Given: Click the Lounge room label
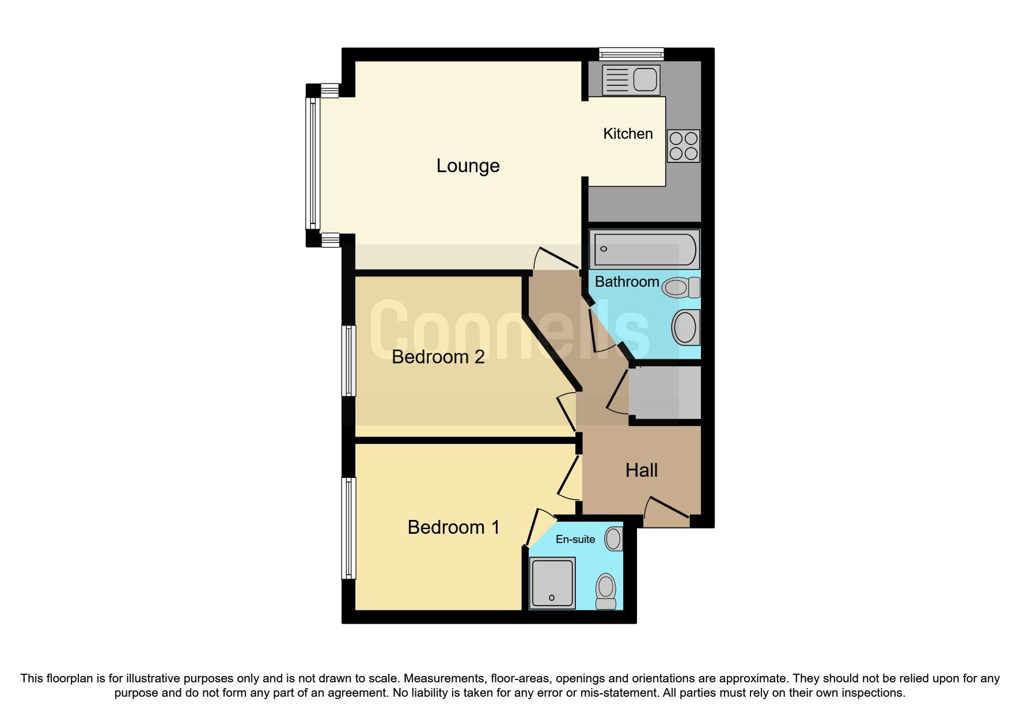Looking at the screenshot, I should tap(468, 166).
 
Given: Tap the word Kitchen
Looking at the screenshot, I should tap(628, 134).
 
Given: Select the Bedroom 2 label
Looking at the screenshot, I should tap(438, 357).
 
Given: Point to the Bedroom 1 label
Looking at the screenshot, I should tap(453, 527).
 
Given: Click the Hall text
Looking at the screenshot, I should tap(641, 470).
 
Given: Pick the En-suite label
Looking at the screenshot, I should tap(575, 540).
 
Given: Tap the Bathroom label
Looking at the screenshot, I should tap(627, 282).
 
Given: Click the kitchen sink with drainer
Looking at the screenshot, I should tap(630, 79).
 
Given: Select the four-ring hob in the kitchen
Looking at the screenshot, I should tap(683, 146).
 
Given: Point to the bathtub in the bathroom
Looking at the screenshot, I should tap(644, 249).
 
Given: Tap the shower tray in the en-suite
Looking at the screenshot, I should tap(552, 583).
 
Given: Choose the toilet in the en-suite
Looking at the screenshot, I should tap(606, 591).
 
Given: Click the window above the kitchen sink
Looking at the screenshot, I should tap(631, 55).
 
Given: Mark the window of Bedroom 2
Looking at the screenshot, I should tap(348, 361).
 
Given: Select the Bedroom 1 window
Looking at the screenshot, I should tap(348, 528).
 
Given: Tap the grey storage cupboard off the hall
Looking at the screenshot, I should tap(665, 393).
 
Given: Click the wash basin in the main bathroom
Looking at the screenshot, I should tap(685, 327).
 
